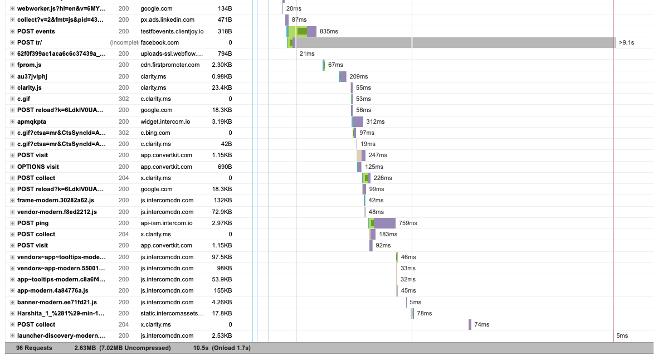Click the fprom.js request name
pos(29,65)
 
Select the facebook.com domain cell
pos(159,42)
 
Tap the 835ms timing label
pos(329,32)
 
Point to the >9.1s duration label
pos(626,42)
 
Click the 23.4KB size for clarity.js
pos(222,87)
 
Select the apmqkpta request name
pos(32,121)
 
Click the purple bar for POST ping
pos(384,223)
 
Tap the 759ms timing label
pos(408,223)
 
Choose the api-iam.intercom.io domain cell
pos(166,223)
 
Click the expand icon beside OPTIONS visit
pos(12,167)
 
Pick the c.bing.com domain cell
pos(155,133)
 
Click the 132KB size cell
pos(223,200)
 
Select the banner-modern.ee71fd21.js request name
pos(57,302)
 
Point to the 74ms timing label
pos(481,324)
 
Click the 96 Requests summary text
pos(34,348)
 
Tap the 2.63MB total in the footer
pos(85,348)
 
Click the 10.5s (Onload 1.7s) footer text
pos(222,348)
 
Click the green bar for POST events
pos(302,31)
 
